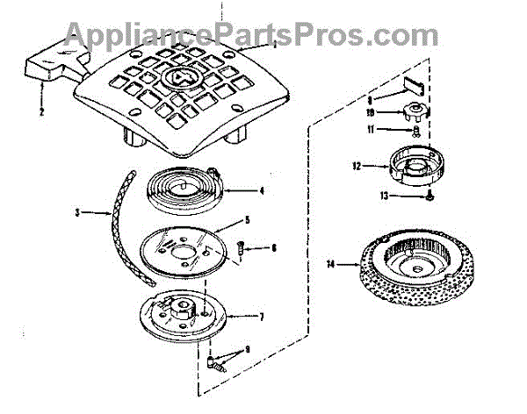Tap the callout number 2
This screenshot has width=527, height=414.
coord(40,112)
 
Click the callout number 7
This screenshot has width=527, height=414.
coord(261,316)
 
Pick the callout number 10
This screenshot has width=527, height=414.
coord(371,112)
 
